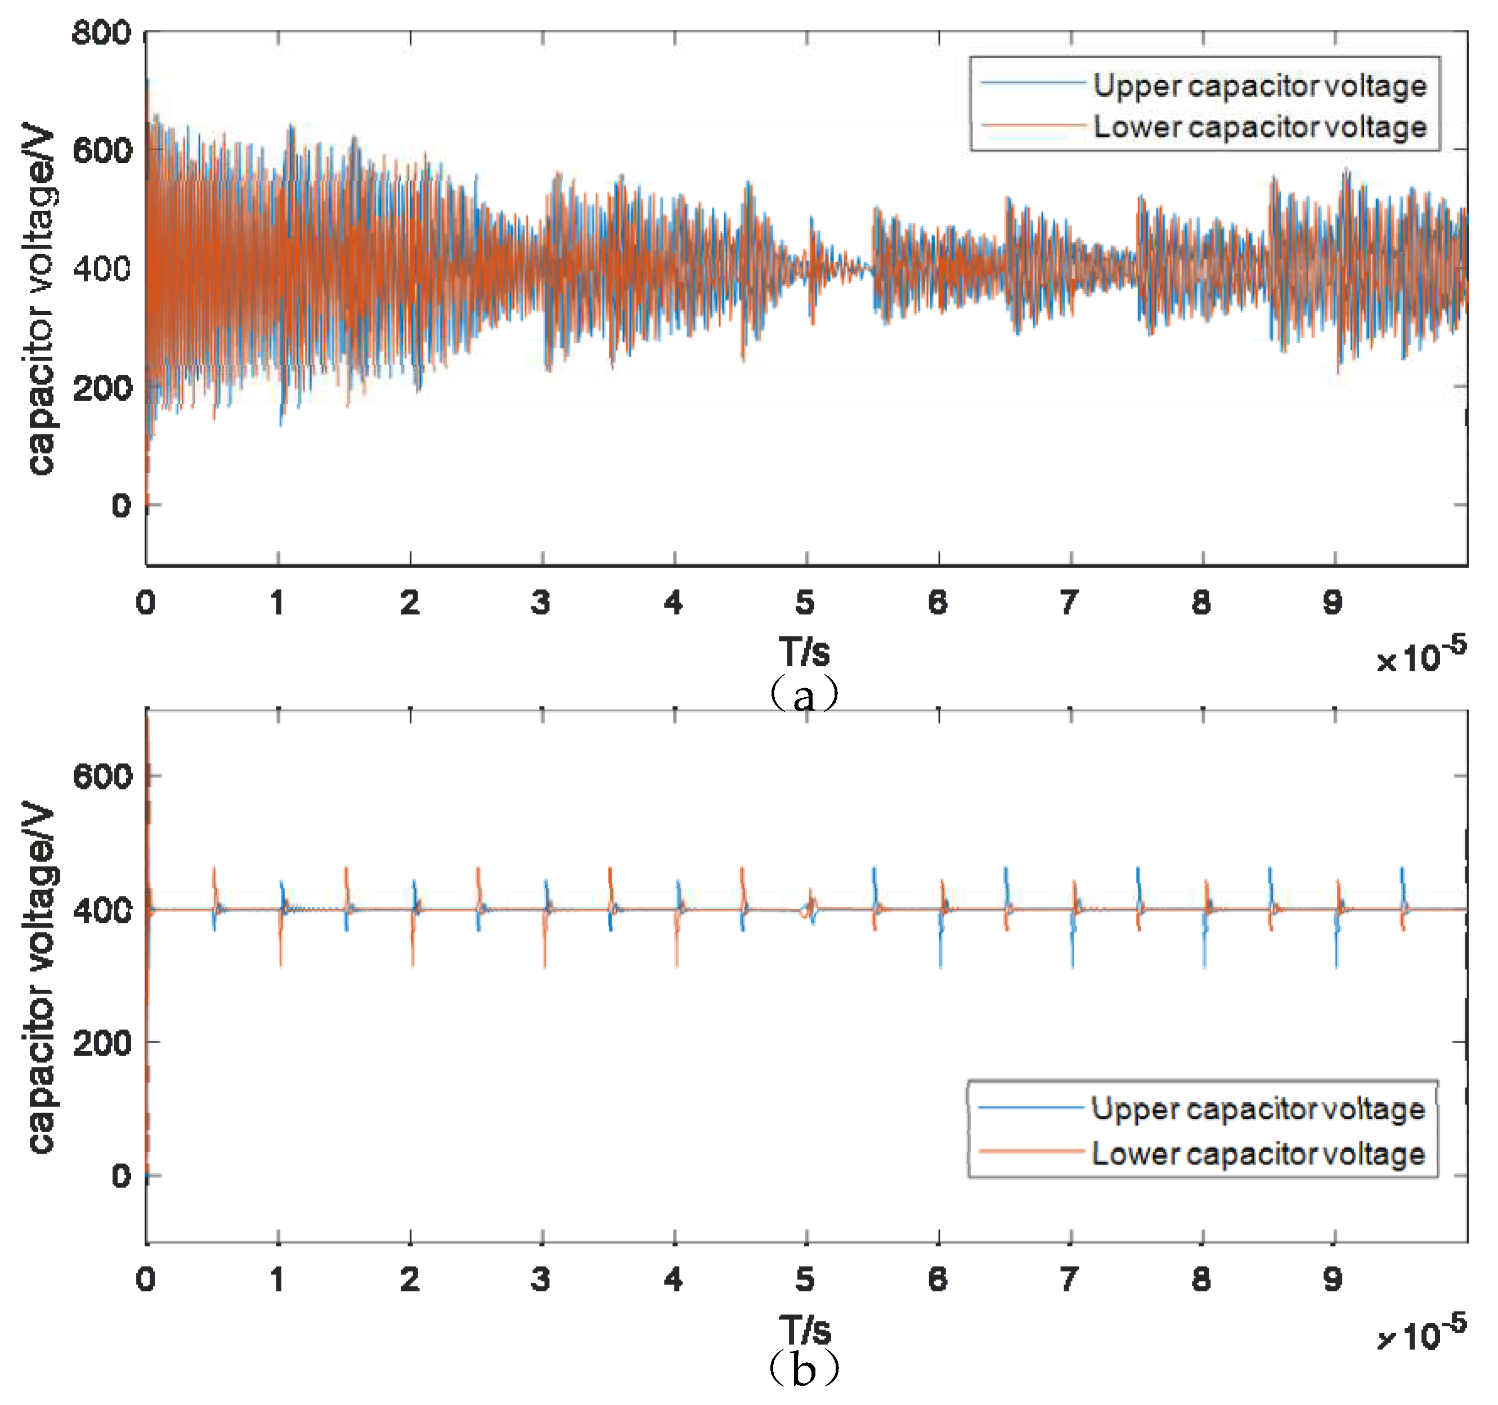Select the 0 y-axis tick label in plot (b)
click(x=120, y=1176)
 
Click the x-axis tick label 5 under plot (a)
click(x=805, y=603)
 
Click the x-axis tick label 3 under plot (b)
click(x=541, y=1279)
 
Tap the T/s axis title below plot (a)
click(x=805, y=651)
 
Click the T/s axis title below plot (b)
click(x=805, y=1330)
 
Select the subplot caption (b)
click(x=804, y=1369)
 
